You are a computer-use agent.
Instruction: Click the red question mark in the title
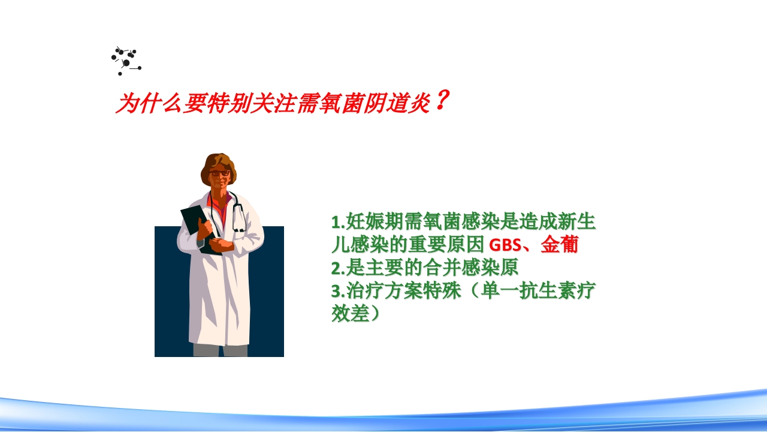(x=440, y=101)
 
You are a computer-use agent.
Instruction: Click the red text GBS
(x=505, y=245)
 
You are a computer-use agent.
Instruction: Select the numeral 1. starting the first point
(x=338, y=223)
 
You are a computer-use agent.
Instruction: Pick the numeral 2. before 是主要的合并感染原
(x=338, y=268)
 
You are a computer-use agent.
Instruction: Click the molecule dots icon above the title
(x=125, y=61)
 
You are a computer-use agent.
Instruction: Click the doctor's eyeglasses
(x=220, y=173)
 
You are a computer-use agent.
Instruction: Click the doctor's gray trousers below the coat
(x=219, y=350)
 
